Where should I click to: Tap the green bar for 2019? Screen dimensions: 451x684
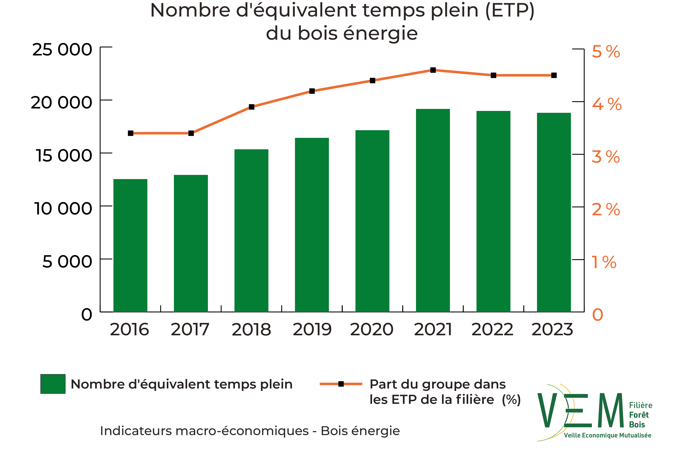(x=312, y=225)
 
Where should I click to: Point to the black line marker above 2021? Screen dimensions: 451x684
(x=433, y=70)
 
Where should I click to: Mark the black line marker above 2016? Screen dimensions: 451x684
(x=131, y=133)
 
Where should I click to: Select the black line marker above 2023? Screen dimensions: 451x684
(x=554, y=75)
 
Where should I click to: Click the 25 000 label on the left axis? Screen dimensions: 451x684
(x=62, y=50)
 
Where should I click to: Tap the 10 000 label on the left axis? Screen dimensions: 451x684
(x=63, y=208)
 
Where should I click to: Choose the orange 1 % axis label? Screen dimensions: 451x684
(x=604, y=262)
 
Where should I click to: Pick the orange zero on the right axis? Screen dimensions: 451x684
(x=597, y=315)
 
